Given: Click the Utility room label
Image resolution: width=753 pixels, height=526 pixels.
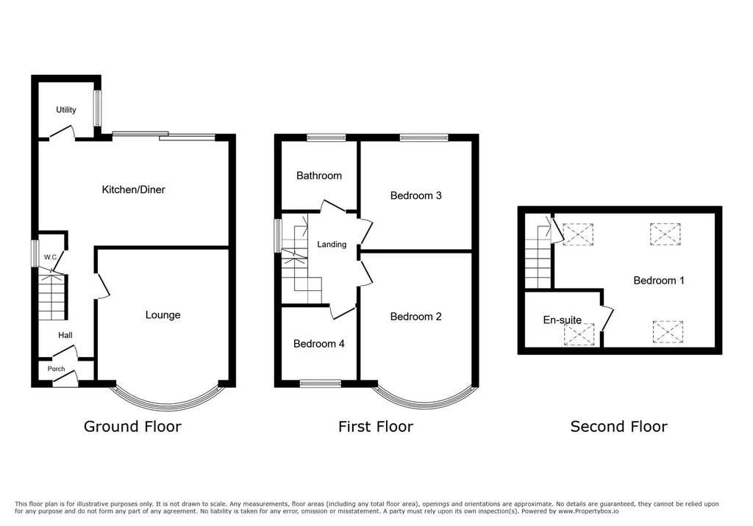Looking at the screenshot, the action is (65, 110).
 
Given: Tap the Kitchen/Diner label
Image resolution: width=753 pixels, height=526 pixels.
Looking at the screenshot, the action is (133, 190).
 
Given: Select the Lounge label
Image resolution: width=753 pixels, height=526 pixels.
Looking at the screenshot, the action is (163, 315).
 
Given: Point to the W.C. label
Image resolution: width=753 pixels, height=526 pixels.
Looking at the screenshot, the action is (51, 257).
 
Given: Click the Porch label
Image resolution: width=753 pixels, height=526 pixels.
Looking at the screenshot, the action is (56, 369).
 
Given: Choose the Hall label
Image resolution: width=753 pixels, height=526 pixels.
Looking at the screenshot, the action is (65, 335).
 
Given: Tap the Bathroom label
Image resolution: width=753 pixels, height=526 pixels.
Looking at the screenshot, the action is (319, 176).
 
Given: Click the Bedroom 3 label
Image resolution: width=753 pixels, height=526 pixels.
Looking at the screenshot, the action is (416, 195).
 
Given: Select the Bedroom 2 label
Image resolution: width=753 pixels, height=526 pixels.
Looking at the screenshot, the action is (416, 317).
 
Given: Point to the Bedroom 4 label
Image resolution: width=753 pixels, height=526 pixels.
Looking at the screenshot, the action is (319, 344).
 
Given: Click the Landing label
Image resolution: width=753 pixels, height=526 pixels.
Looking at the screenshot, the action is (332, 245).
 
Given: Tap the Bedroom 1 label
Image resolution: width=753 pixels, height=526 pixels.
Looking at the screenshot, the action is (658, 281).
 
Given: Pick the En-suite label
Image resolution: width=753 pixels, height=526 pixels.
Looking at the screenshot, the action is (563, 320).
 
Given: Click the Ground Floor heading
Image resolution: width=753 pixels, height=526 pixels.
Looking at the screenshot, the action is (132, 426).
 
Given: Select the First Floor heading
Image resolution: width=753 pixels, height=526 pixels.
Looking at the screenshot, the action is (376, 426).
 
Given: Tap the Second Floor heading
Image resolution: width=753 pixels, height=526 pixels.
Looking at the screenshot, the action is (618, 426).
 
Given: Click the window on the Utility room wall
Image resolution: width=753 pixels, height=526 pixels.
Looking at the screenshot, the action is (98, 109).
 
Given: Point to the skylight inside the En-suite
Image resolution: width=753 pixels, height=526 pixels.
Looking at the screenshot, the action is (579, 334).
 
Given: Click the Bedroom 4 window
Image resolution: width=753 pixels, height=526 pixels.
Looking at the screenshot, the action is (321, 383).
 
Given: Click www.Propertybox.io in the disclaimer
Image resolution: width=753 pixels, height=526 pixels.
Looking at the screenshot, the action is (588, 511).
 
